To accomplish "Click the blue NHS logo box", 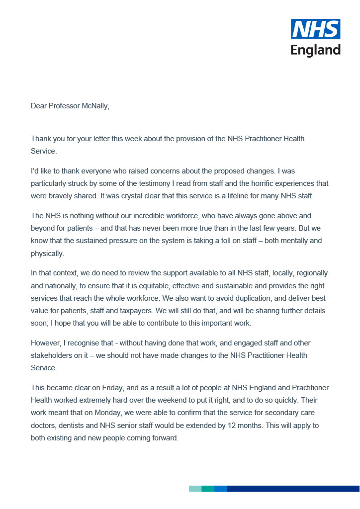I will coord(315,29).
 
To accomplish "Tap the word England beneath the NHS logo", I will coord(315,50).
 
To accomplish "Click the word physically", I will coord(47,254).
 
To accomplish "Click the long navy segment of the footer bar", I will coord(293,489).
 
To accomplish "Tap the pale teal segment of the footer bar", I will coord(195,489).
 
